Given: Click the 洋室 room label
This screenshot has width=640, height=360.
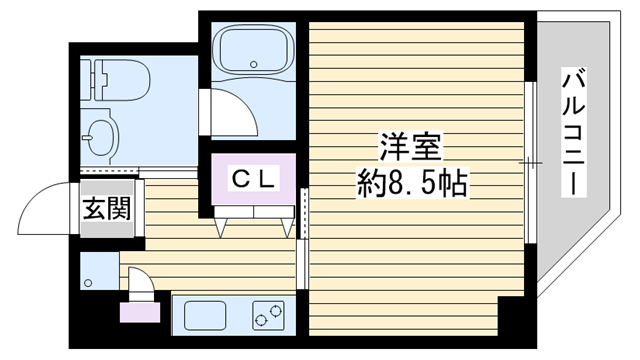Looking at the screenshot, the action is click(411, 147).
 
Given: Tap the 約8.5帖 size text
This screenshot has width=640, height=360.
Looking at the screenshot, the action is click(412, 183).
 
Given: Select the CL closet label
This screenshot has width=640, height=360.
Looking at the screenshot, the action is click(253, 179).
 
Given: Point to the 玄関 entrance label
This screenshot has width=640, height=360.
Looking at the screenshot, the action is click(107, 209).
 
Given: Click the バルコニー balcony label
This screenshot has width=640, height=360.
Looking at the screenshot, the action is click(573, 132).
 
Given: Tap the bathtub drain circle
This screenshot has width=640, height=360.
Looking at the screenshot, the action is click(254, 64).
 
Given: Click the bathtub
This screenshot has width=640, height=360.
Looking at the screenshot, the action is click(253, 49).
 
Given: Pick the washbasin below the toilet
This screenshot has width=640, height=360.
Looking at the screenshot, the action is click(101, 137).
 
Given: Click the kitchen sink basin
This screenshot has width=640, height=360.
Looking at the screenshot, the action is click(205, 316).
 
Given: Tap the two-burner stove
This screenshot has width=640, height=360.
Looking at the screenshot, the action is click(268, 316).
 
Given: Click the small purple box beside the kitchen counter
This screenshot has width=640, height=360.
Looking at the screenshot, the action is click(140, 312).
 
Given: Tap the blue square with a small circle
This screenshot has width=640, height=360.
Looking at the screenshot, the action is click(100, 271).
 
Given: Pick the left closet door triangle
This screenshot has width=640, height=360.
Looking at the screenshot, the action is click(220, 227).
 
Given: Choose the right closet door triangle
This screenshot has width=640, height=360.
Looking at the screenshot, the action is click(287, 227).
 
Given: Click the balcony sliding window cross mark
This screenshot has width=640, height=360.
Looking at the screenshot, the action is click(530, 163).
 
